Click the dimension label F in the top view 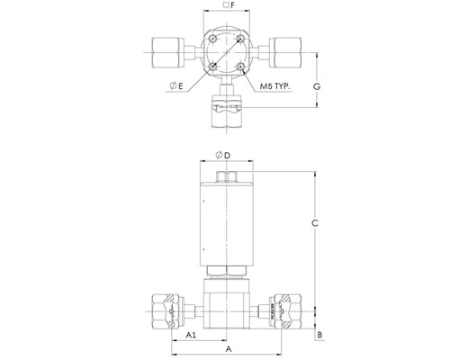(x=229, y=5)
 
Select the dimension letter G (x=317, y=86)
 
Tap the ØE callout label (x=176, y=86)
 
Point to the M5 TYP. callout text (x=275, y=86)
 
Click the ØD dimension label (x=223, y=155)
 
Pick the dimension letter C (x=315, y=223)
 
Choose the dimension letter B (x=319, y=335)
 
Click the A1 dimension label (x=191, y=335)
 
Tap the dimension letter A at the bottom (x=229, y=349)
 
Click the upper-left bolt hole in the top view (x=213, y=39)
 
